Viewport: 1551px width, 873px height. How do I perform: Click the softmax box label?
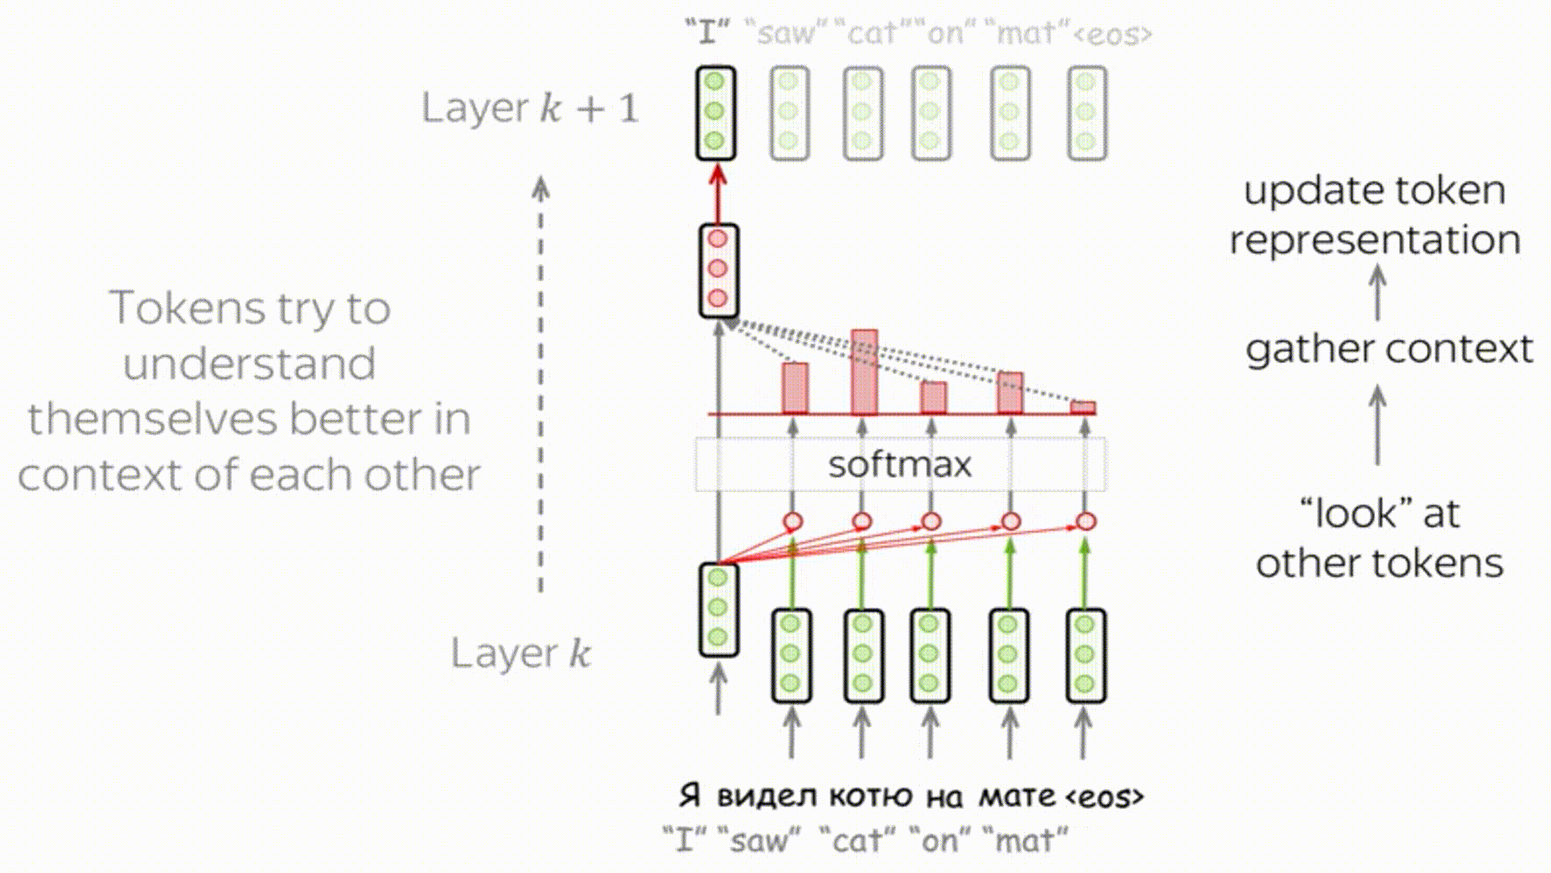point(899,464)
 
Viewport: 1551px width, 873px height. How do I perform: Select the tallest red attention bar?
point(864,372)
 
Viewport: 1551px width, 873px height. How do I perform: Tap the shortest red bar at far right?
point(1083,408)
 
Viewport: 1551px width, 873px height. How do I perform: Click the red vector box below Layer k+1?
point(718,270)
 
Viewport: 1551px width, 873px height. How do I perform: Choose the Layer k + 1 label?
point(530,108)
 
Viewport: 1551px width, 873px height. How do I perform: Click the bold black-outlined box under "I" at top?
point(715,113)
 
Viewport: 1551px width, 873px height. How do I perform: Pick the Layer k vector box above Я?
point(718,609)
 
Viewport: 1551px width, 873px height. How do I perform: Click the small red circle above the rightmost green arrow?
point(1085,521)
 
